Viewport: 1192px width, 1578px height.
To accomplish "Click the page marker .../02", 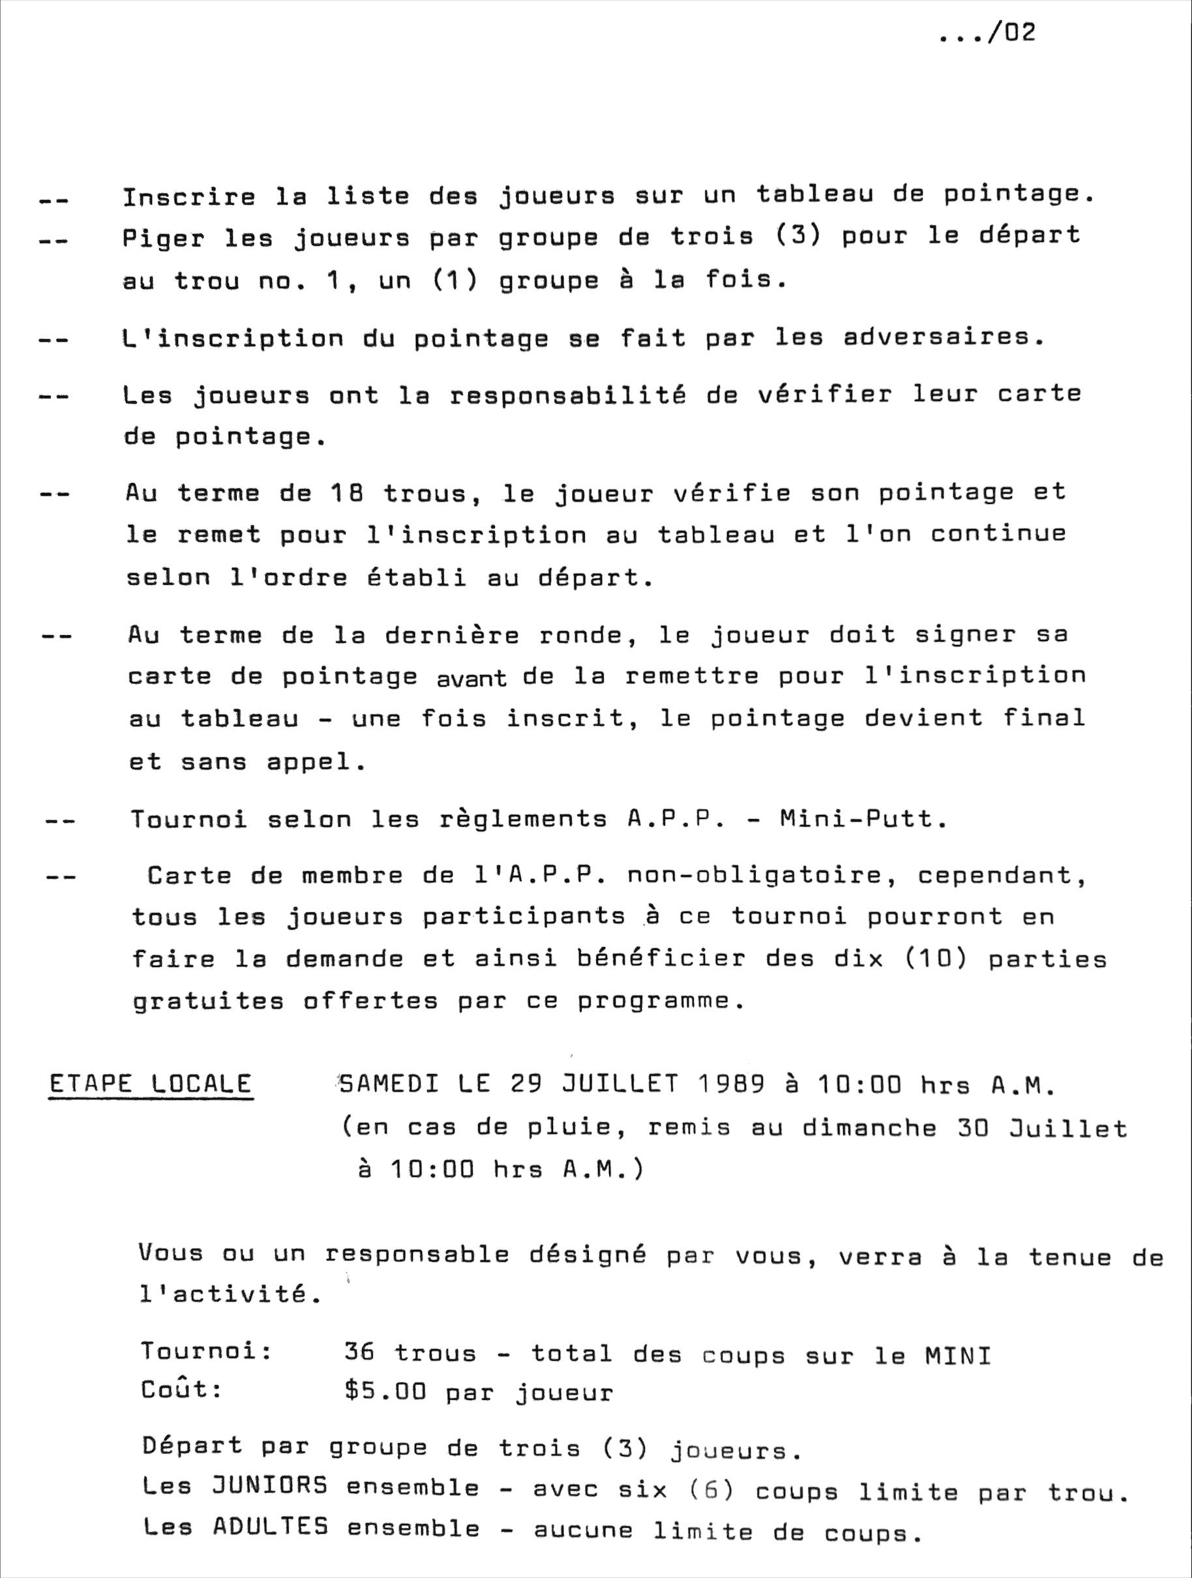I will click(987, 33).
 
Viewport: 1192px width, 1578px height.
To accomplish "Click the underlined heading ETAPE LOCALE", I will click(151, 1084).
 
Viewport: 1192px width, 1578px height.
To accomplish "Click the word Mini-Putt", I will click(863, 818).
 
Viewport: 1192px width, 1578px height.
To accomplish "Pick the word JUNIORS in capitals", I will click(271, 1485).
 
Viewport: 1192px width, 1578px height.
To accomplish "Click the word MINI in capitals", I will click(958, 1355).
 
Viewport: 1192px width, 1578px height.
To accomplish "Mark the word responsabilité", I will click(568, 395).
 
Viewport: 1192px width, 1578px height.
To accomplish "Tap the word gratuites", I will click(208, 1002).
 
